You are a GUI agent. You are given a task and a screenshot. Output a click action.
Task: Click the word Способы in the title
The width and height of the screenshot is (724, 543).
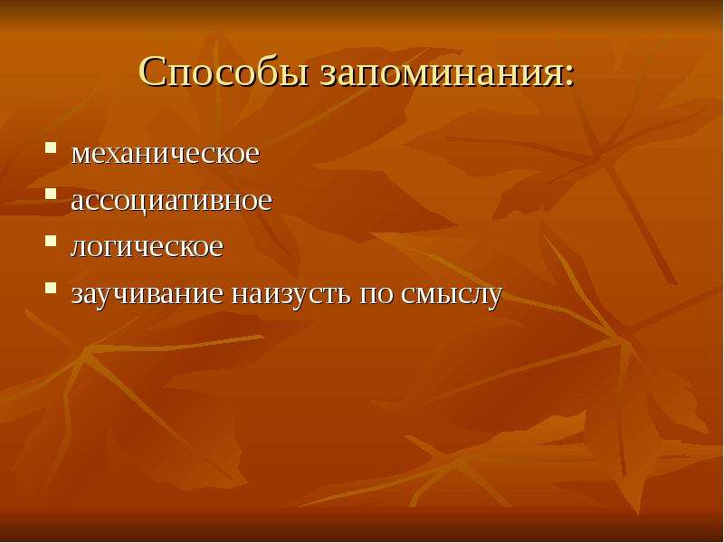[224, 72]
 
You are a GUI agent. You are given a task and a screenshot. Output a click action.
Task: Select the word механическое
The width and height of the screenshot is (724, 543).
[165, 154]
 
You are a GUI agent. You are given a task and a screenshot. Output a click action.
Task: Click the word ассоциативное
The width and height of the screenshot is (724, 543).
[171, 202]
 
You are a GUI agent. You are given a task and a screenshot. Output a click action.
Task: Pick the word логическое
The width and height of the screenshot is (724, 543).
[147, 247]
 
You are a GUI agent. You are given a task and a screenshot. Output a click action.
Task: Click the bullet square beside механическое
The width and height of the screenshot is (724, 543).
[51, 148]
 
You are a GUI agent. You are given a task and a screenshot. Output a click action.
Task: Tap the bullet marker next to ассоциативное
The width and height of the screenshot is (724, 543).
[51, 194]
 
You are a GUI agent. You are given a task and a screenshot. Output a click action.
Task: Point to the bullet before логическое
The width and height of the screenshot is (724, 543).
[51, 241]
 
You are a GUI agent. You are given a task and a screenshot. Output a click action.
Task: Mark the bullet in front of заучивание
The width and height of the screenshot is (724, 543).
[51, 288]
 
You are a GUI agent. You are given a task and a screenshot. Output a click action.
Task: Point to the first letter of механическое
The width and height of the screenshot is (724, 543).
[81, 156]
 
